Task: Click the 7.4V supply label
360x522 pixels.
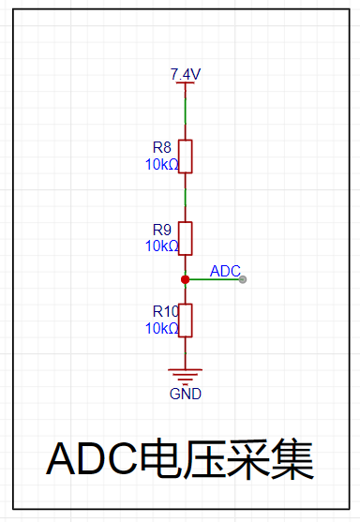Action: point(186,74)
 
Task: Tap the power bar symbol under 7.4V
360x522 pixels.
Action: point(186,82)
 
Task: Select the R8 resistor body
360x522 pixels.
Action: point(186,157)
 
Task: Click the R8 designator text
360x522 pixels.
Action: point(162,147)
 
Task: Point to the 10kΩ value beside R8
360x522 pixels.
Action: point(162,164)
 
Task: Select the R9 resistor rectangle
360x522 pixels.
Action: point(186,238)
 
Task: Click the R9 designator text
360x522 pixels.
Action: point(162,230)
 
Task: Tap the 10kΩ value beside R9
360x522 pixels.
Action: point(162,246)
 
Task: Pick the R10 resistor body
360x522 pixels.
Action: point(186,321)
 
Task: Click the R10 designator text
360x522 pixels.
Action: point(166,311)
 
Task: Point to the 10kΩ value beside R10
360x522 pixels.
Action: point(162,329)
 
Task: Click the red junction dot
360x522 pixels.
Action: point(186,279)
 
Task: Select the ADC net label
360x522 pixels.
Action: point(225,272)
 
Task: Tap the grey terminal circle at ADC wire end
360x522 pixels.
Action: point(243,279)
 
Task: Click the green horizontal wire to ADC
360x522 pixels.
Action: point(215,279)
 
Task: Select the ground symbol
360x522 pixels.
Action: point(186,376)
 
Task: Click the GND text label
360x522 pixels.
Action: point(186,395)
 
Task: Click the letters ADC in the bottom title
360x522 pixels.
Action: point(92,458)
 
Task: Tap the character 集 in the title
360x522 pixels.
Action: point(292,459)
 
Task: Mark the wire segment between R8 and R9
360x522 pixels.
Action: point(186,198)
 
